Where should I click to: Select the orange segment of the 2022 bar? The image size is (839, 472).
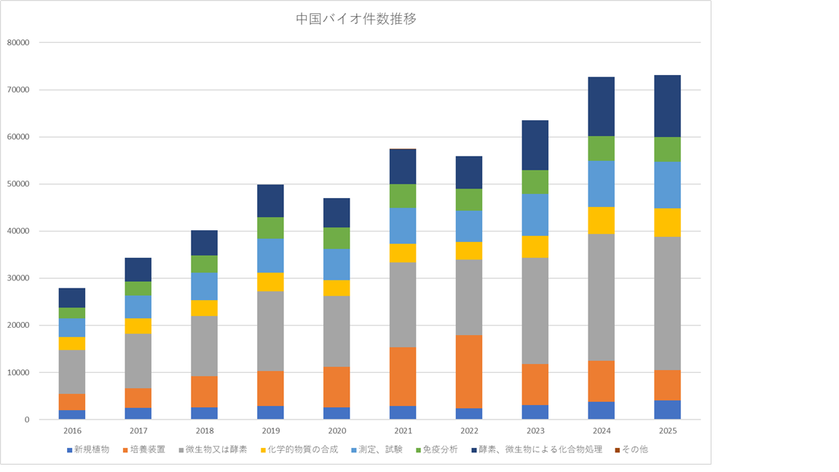click(x=469, y=371)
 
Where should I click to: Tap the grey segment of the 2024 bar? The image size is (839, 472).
click(x=602, y=297)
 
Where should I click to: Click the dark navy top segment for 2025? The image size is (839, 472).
click(x=667, y=106)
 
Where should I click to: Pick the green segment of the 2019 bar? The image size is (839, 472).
click(x=270, y=228)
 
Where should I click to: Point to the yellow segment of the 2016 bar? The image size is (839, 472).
click(x=72, y=344)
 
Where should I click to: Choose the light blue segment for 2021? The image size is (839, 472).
click(x=403, y=226)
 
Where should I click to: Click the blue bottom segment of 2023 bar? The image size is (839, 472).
click(x=535, y=412)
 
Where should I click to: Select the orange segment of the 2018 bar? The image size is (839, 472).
click(x=204, y=392)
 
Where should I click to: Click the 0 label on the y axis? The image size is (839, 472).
click(x=25, y=420)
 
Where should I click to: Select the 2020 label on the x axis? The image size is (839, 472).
click(x=336, y=431)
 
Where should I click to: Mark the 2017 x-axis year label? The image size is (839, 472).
click(x=138, y=431)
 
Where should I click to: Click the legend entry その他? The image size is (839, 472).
click(x=634, y=449)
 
